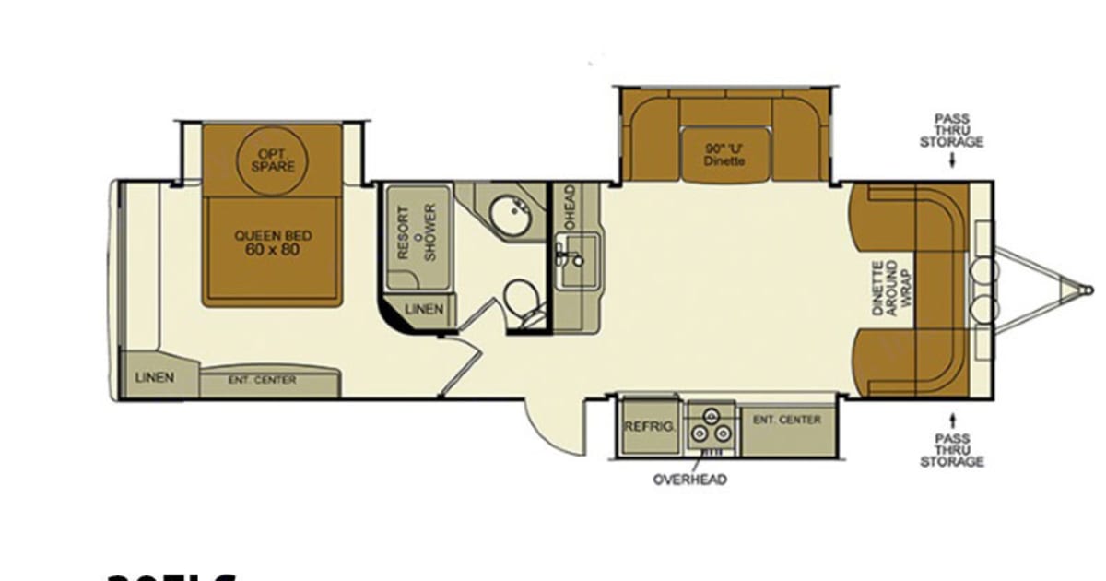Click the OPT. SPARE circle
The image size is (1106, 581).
[x=274, y=160]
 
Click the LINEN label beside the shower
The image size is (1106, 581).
[x=424, y=309]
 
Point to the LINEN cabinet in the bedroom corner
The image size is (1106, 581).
[x=155, y=377]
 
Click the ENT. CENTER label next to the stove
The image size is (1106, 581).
[x=786, y=420]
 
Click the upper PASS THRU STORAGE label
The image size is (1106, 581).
[x=959, y=130]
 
